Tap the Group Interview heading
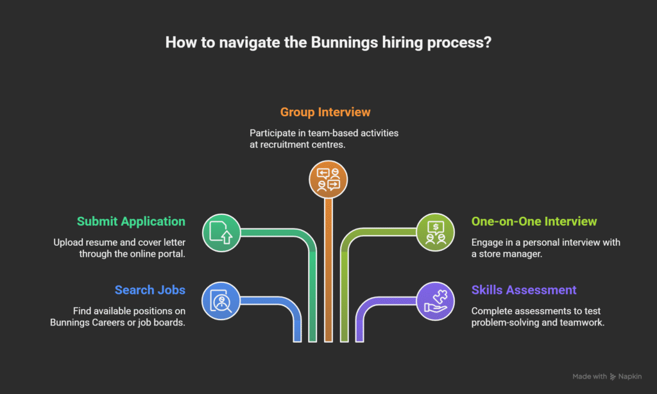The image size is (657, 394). (x=325, y=112)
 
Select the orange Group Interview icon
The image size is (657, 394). (x=328, y=179)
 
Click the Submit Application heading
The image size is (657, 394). (x=131, y=221)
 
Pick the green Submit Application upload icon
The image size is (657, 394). (x=221, y=232)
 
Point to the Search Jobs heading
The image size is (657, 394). (x=150, y=290)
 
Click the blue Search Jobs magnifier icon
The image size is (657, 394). (x=221, y=300)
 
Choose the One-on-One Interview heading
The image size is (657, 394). (x=534, y=221)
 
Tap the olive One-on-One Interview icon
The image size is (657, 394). (x=436, y=232)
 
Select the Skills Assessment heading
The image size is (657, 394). (x=524, y=290)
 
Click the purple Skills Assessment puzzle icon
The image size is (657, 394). (x=436, y=300)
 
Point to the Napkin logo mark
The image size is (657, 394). (x=613, y=377)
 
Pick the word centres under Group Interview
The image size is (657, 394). (x=345, y=144)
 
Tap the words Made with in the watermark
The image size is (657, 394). (x=588, y=377)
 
